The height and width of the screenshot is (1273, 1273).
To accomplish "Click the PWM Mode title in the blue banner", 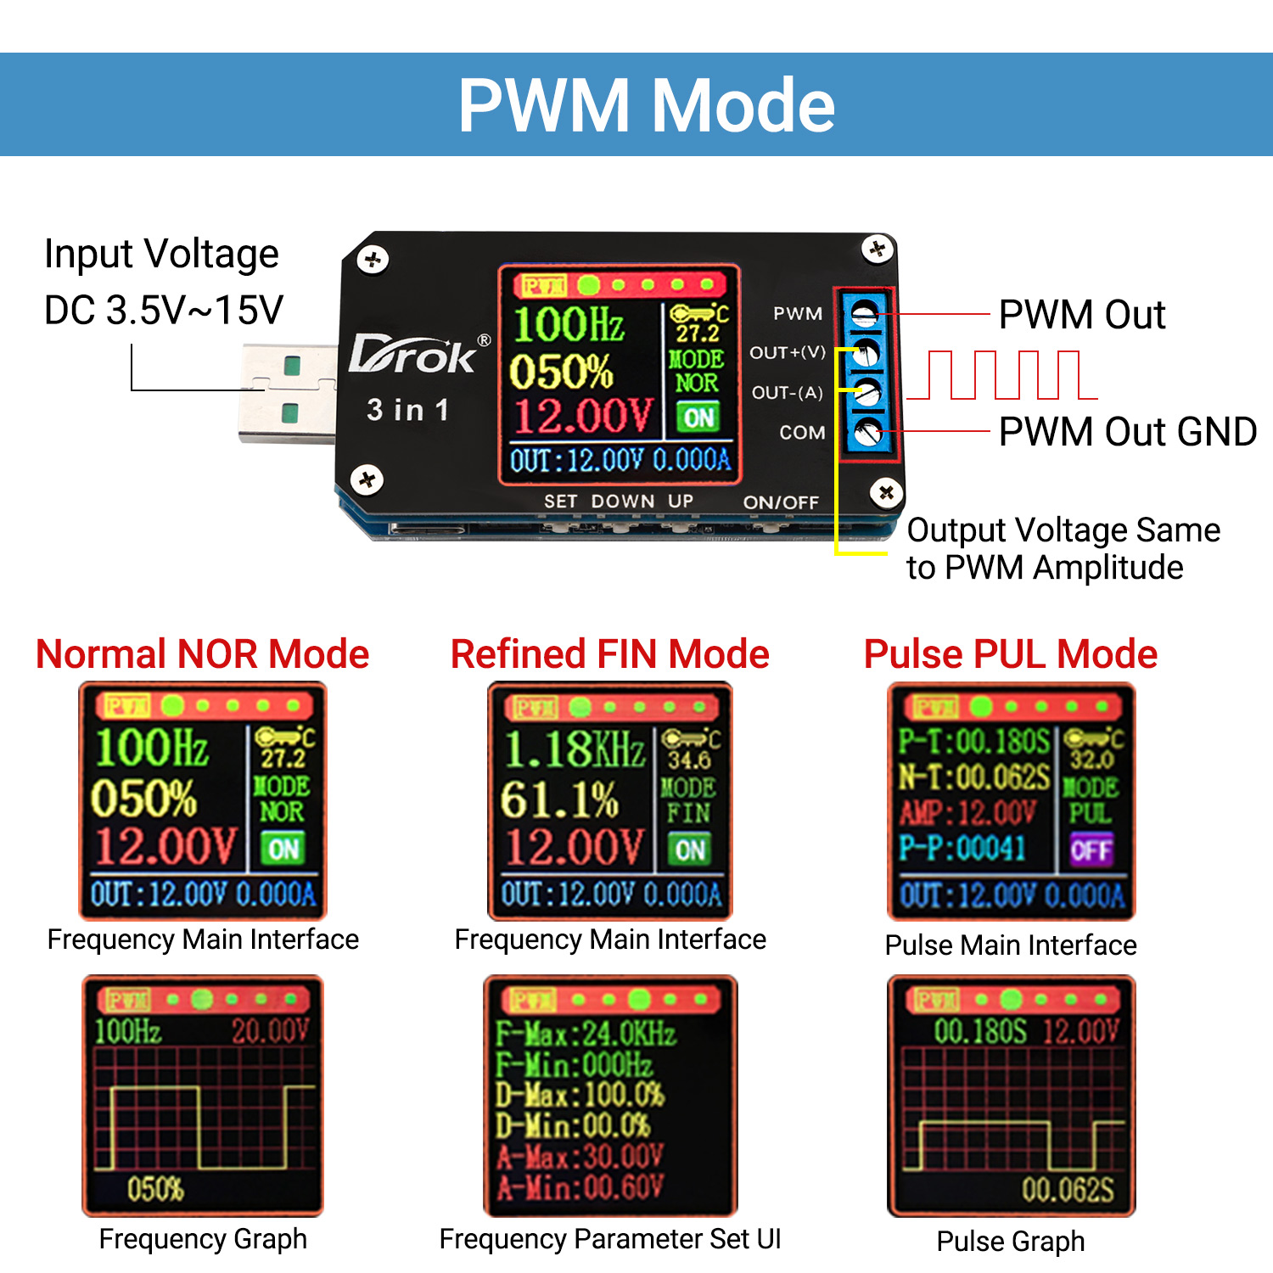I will coord(647,105).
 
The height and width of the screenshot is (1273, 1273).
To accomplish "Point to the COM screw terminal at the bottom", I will coord(866,433).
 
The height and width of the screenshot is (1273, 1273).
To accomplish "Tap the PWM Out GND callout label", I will coord(1127,432).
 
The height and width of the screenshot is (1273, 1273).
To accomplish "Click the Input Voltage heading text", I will coord(161,254).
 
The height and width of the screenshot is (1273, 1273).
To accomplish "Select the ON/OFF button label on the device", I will coord(781,502).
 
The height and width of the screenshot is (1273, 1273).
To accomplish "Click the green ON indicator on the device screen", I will coord(698,418).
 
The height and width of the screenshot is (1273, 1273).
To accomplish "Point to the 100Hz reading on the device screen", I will coord(569,324).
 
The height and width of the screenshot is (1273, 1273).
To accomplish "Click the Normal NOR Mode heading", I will coord(203,654).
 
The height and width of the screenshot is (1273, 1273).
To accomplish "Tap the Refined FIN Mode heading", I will coord(609,654).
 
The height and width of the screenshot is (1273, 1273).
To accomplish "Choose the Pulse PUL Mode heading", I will coord(1010,654).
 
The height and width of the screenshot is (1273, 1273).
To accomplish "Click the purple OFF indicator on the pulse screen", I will coord(1091,850).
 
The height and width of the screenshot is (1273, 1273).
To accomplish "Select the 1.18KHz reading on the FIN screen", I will coord(574,749).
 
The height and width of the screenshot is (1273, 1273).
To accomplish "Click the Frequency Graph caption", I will coord(203,1239).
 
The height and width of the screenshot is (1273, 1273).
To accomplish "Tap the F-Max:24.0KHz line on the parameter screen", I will coord(586,1034).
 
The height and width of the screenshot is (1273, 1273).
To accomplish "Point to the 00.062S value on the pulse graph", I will coord(1068,1190).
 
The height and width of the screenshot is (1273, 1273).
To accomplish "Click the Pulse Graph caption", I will coord(1010,1242).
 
